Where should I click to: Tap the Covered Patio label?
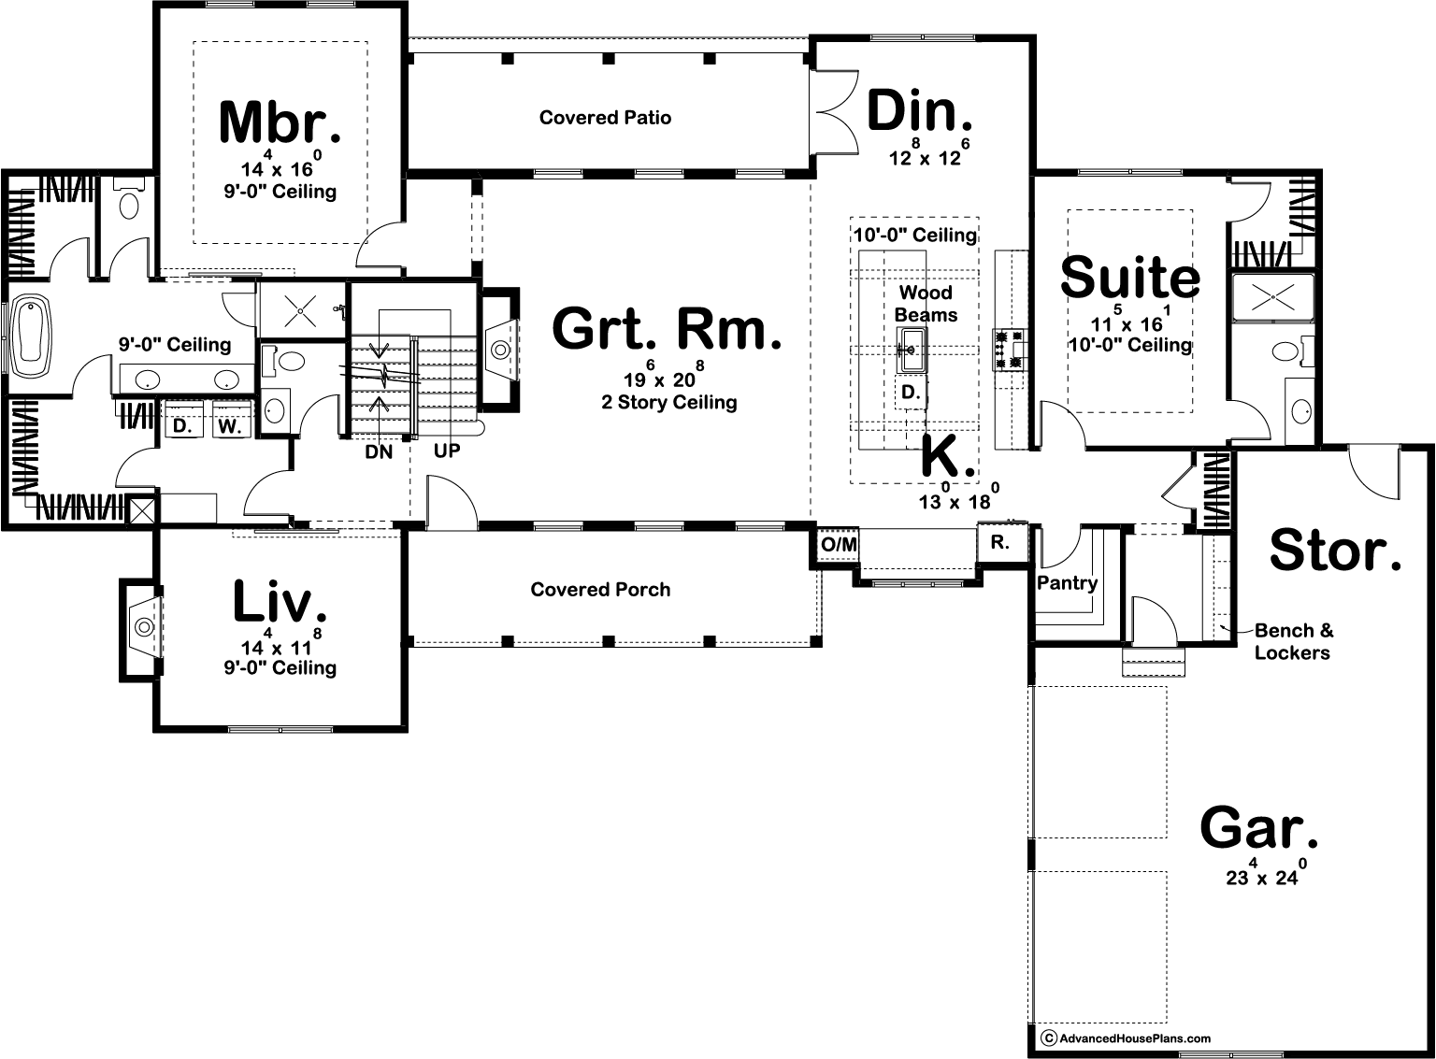click(x=605, y=118)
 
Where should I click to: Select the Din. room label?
click(x=921, y=112)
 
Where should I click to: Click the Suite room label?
click(x=1130, y=278)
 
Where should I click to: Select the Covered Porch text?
click(x=600, y=590)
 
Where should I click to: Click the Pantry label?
click(x=1067, y=583)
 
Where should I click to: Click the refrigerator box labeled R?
click(x=1000, y=542)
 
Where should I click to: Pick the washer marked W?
click(x=230, y=426)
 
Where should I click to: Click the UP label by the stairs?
click(x=447, y=451)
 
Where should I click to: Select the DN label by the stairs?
click(x=379, y=451)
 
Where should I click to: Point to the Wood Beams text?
click(x=926, y=304)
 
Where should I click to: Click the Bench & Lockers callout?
click(x=1293, y=641)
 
